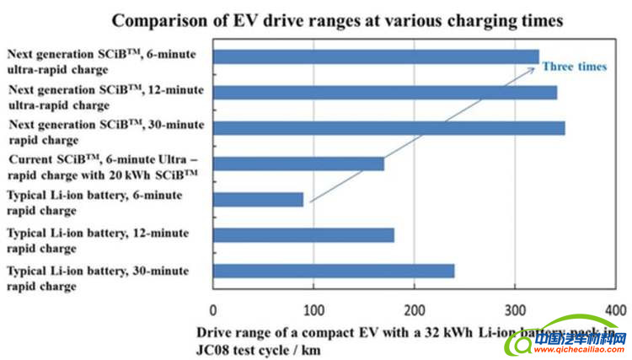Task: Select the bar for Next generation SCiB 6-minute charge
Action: point(376,56)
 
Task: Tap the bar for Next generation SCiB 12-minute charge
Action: point(384,92)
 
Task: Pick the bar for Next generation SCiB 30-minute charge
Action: point(388,128)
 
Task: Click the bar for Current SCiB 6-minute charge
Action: point(298,164)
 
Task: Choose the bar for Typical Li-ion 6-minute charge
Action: point(258,200)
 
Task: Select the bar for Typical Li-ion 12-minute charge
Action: point(303,235)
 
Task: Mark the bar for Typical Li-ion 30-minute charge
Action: point(334,271)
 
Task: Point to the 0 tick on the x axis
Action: point(213,309)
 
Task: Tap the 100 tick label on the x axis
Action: point(313,309)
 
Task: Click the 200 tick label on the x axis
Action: point(414,309)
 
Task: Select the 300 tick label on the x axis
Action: point(515,309)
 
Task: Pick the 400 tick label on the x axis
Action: point(615,309)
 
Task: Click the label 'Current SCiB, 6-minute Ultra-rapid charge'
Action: point(103,166)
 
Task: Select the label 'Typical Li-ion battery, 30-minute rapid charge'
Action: point(98,277)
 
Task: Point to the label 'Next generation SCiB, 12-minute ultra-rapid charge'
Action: point(106,98)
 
